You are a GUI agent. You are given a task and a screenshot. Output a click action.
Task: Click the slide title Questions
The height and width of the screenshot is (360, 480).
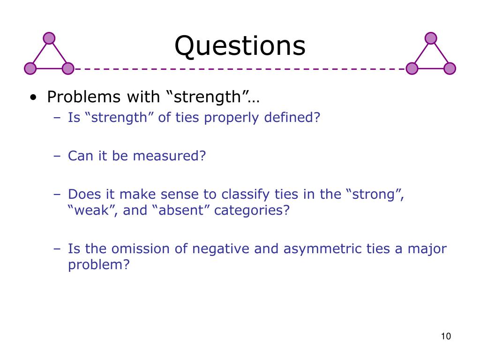tap(240, 46)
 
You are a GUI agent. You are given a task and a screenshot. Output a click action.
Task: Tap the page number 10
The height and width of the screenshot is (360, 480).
tap(445, 336)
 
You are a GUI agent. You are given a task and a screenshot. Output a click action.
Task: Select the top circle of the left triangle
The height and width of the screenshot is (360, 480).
tap(49, 38)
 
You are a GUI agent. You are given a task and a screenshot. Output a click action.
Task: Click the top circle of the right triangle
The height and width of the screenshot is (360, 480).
tap(431, 38)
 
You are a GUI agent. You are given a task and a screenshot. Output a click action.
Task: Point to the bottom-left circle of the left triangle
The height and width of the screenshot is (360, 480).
tap(30, 68)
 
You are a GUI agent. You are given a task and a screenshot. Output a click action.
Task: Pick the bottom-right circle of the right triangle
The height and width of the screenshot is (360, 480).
tap(450, 68)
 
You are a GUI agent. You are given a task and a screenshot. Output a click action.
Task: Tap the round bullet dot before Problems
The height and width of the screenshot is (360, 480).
tap(33, 98)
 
